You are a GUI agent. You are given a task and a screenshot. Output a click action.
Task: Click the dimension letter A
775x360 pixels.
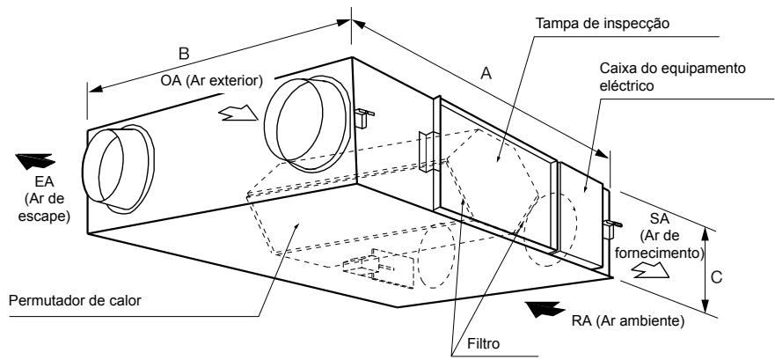(486, 73)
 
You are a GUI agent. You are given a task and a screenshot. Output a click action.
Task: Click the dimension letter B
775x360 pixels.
(184, 54)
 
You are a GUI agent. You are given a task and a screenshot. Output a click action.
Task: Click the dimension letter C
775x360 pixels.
(716, 277)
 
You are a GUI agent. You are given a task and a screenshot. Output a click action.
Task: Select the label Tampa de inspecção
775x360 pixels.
(603, 23)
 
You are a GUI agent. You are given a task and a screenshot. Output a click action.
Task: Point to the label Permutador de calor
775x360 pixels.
(75, 300)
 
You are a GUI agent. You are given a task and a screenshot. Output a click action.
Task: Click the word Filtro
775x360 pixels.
(483, 343)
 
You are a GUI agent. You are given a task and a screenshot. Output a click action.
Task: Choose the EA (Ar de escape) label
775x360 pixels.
(44, 199)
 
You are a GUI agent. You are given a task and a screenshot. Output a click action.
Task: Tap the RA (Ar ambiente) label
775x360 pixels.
(628, 321)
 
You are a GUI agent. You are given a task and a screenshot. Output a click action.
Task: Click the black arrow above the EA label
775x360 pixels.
(35, 161)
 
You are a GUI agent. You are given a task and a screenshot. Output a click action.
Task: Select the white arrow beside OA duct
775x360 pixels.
(238, 114)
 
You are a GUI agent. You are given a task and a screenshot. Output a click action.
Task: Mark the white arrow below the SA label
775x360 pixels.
(650, 270)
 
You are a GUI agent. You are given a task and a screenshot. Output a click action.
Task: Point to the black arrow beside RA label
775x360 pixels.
(545, 309)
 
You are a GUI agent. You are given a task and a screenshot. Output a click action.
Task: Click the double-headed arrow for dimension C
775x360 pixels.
(706, 268)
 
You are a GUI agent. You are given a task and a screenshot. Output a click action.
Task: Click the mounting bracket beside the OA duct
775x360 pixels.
(363, 118)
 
